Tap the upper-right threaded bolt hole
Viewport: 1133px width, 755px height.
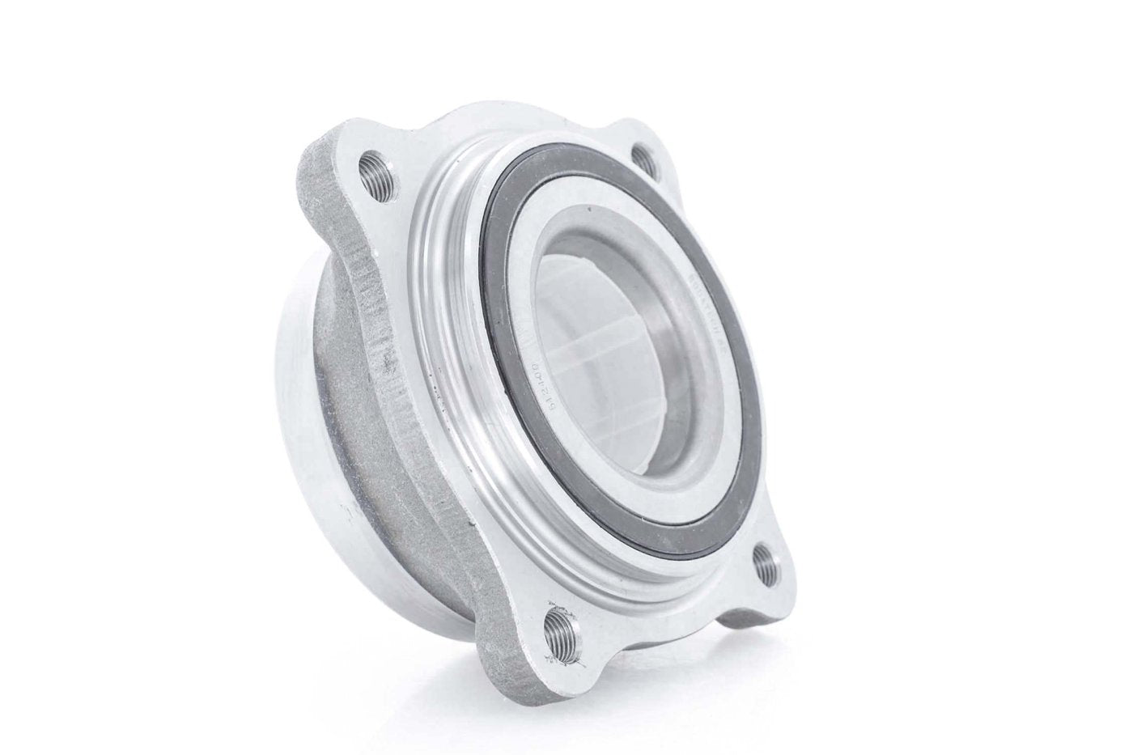point(644,159)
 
